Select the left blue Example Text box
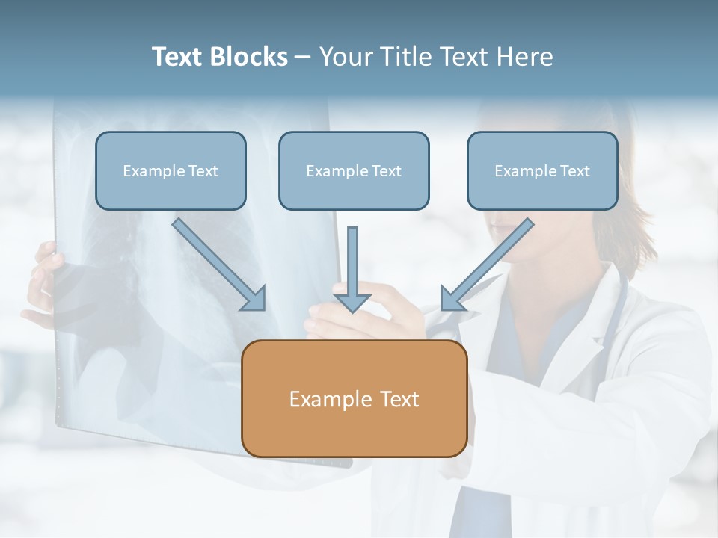coord(171,170)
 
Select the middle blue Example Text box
coord(354,170)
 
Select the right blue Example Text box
coord(542,170)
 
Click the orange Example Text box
coord(354,398)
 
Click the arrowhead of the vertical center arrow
coord(352,303)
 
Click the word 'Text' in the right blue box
coord(574,171)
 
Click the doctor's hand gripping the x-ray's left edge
coord(43,276)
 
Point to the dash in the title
coord(303,57)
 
